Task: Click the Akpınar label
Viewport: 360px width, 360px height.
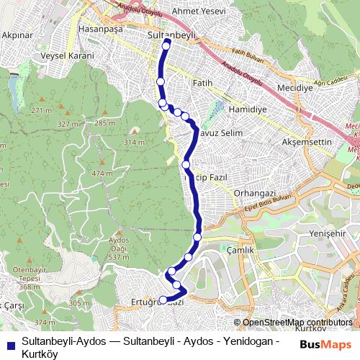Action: [x=16, y=34]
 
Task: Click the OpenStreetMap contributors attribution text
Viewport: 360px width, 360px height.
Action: [x=297, y=323]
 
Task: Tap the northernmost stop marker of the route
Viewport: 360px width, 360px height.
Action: [x=167, y=44]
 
